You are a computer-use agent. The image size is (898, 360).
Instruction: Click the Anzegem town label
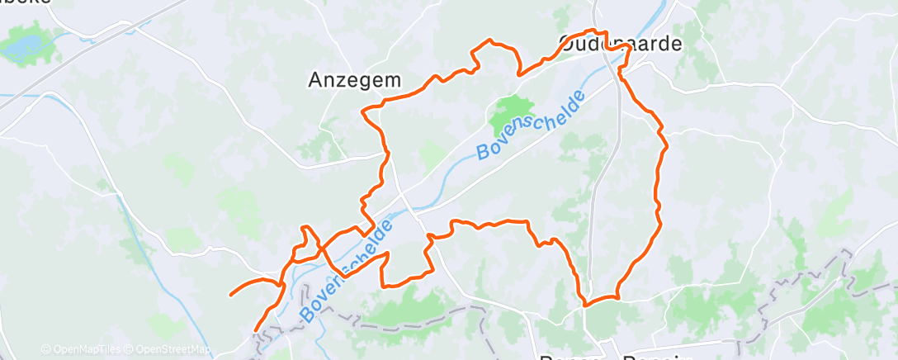click(354, 80)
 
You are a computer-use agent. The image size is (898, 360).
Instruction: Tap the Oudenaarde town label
click(621, 44)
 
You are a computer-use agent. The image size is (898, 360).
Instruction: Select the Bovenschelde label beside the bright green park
click(532, 125)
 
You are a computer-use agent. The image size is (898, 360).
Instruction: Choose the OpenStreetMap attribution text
click(168, 349)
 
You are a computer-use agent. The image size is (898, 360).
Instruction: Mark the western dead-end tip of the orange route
click(230, 294)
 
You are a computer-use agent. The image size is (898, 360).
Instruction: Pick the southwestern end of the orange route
click(256, 329)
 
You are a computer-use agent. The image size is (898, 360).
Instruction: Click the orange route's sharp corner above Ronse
click(584, 305)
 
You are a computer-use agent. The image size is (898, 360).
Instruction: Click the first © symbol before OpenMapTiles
click(45, 349)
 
